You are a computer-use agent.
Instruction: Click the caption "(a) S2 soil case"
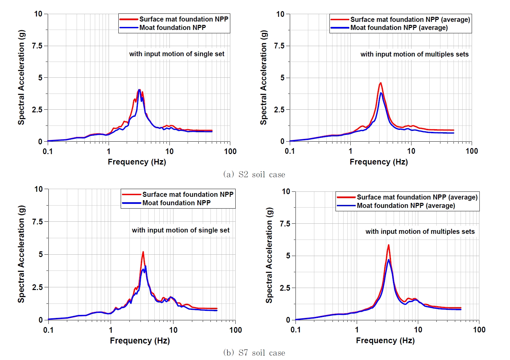click(254, 175)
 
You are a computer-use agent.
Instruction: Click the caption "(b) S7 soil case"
click(254, 353)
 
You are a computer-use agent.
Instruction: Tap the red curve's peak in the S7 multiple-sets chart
click(389, 245)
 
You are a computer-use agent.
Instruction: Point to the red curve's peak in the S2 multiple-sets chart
click(381, 83)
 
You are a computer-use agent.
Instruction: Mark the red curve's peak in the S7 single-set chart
click(143, 252)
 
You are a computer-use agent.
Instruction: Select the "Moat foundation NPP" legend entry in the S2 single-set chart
click(172, 28)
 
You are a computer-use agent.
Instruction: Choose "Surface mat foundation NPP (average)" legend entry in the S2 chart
click(410, 20)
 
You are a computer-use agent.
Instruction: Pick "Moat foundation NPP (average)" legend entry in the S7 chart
click(406, 206)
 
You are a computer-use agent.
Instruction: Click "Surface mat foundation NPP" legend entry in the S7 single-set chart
click(188, 194)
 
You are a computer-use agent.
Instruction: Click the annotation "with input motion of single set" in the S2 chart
click(177, 54)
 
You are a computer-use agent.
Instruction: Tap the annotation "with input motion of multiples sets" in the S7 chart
click(420, 231)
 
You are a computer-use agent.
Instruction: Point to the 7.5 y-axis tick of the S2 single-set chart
click(37, 46)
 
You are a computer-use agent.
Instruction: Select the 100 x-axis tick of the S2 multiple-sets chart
click(471, 151)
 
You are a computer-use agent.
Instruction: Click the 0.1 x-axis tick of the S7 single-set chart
click(48, 330)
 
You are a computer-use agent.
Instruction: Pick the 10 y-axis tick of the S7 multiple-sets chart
click(286, 192)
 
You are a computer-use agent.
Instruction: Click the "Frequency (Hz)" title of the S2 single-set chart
click(137, 162)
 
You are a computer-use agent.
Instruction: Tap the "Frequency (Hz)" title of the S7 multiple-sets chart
click(385, 340)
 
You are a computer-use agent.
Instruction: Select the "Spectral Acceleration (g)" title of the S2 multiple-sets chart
click(264, 77)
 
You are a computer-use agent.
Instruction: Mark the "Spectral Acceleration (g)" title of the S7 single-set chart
click(22, 254)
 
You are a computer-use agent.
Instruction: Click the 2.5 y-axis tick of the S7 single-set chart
click(37, 287)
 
